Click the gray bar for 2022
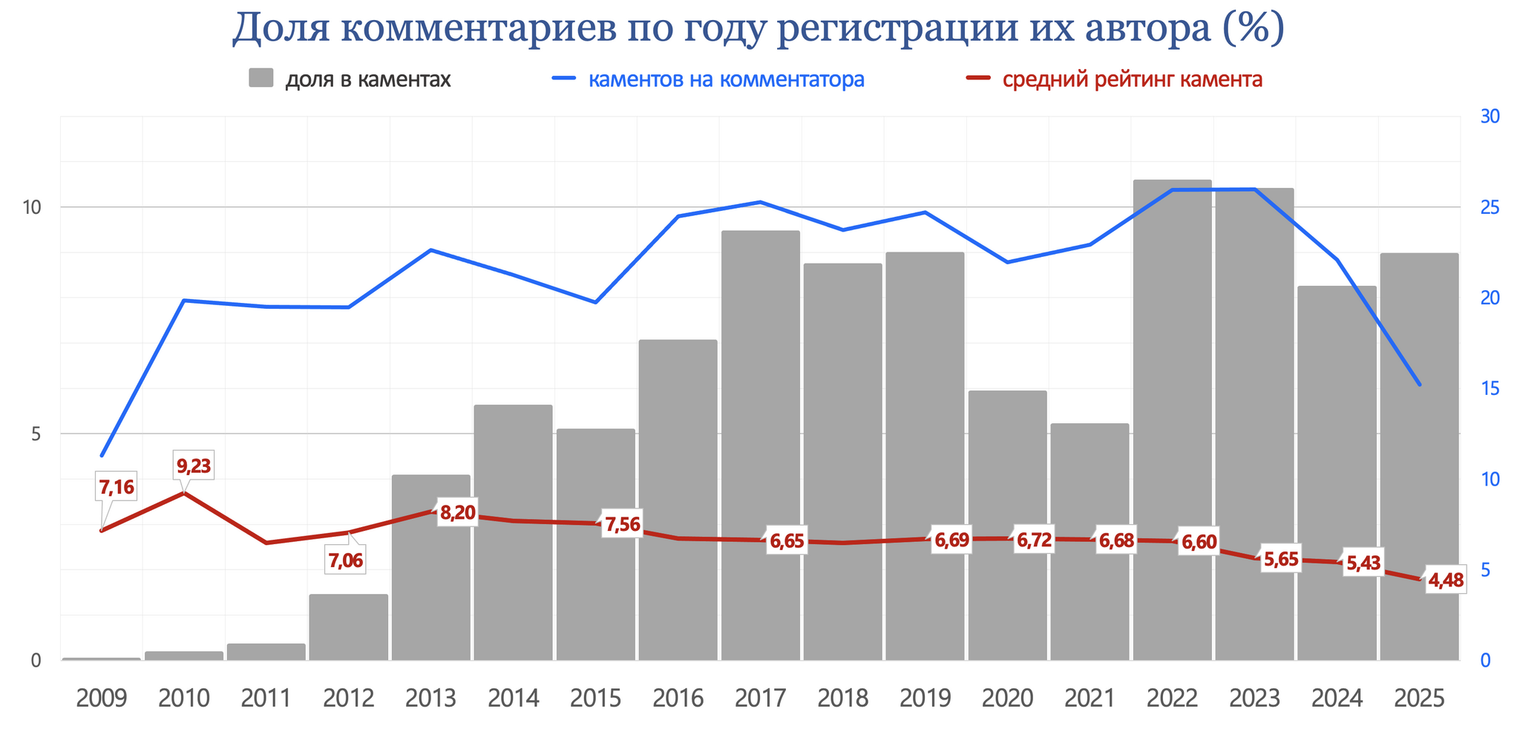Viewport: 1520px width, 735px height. pos(1172,419)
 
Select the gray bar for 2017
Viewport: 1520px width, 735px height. pos(760,445)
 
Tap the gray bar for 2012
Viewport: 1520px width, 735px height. pos(348,627)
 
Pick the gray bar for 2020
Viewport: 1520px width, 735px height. pos(1007,525)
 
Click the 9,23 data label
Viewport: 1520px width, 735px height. pos(194,466)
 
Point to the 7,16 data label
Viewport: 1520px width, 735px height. pos(117,488)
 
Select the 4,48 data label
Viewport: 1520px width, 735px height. pos(1446,581)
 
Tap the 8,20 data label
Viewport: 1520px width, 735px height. pos(457,512)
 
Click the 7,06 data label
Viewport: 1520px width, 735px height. pos(346,561)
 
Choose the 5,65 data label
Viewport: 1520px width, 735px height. pos(1281,559)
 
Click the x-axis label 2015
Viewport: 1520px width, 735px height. pos(596,699)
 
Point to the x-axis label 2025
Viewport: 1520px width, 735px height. pos(1419,699)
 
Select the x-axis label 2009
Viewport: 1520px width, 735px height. pos(102,699)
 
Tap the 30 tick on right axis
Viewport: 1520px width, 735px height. pos(1490,117)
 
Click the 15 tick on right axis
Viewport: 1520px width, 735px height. pos(1490,388)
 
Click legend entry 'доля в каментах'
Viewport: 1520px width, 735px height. pos(368,79)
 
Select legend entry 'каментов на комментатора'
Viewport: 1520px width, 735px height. pos(726,79)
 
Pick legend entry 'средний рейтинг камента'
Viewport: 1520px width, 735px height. pos(1132,79)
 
